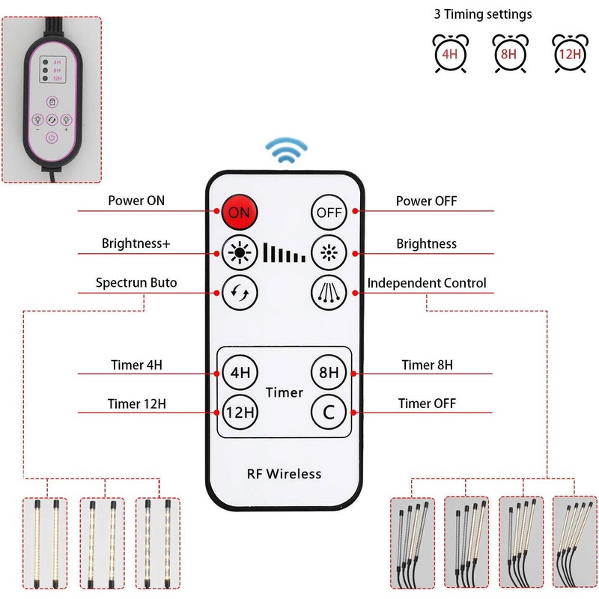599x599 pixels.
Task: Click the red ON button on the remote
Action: point(239,212)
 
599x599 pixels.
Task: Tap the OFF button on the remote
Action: point(329,212)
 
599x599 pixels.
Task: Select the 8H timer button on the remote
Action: point(329,371)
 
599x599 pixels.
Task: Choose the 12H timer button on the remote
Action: point(239,411)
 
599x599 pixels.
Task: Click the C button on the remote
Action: point(329,411)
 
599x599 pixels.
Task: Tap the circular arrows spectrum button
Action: point(239,291)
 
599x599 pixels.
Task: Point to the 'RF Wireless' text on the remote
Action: point(284,473)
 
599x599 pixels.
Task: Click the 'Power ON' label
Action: point(136,201)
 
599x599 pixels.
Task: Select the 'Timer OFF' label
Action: point(427,404)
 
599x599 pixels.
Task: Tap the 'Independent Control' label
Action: point(427,283)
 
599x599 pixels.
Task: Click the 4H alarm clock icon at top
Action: point(449,53)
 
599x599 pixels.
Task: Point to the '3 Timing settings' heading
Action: point(483,14)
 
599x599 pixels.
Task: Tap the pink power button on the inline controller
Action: point(51,137)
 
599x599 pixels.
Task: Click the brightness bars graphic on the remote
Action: point(284,252)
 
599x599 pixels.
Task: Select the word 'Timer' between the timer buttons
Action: point(284,392)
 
